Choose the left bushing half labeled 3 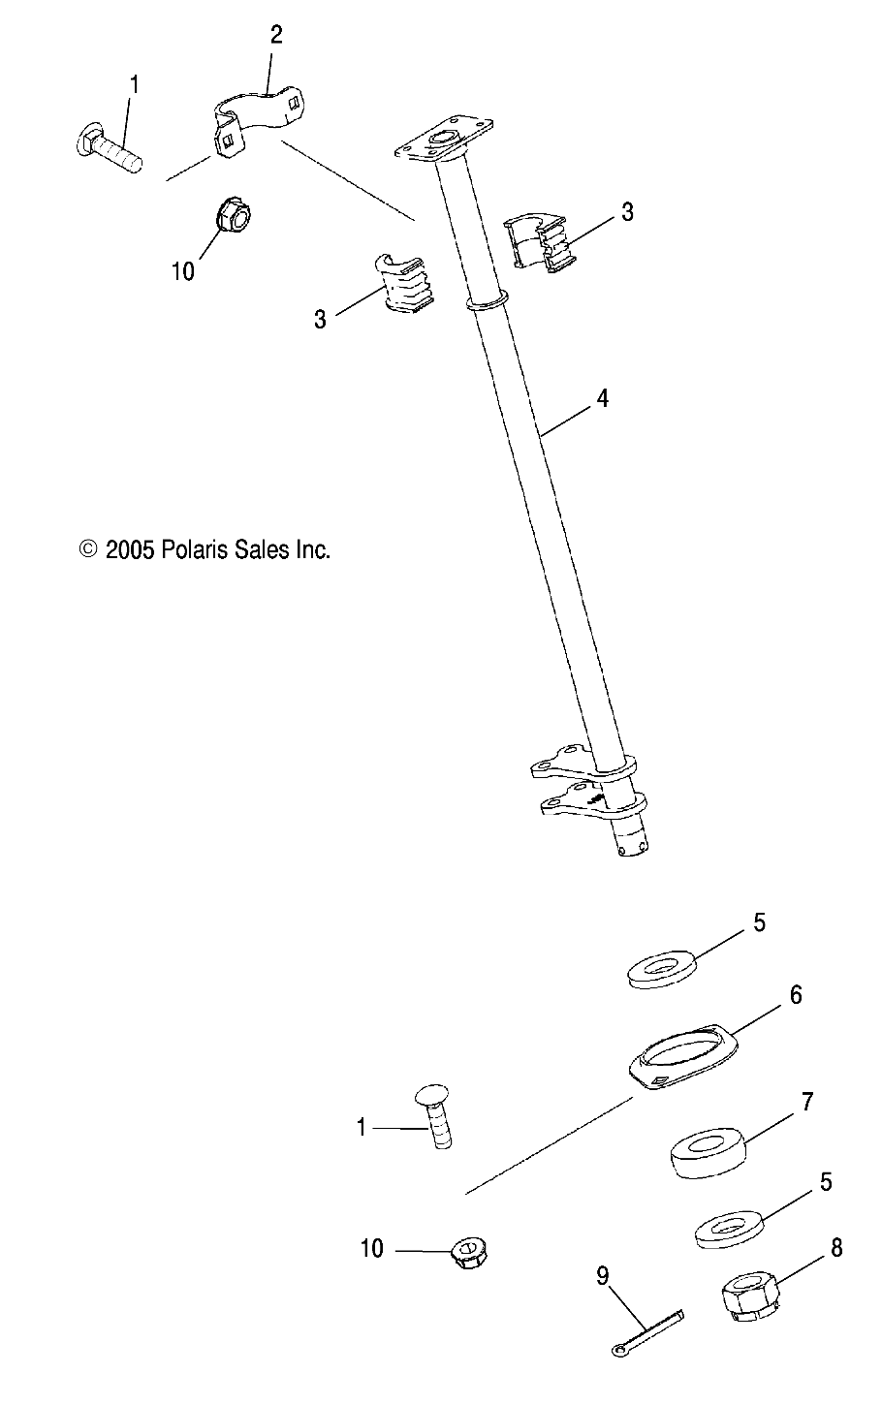click(402, 286)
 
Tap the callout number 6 click(795, 995)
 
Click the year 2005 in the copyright click(130, 550)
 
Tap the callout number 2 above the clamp click(276, 36)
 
